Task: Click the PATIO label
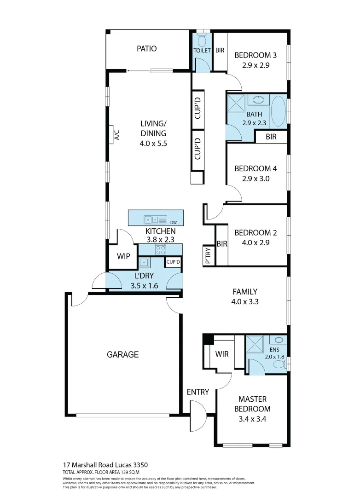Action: [146, 48]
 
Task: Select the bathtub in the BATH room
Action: [278, 111]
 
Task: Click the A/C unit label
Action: [116, 134]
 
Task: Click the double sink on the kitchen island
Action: [152, 220]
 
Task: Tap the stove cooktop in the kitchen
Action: [161, 250]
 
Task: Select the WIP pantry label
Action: [124, 256]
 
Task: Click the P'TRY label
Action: [208, 256]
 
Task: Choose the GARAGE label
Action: [123, 354]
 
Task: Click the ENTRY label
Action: [198, 392]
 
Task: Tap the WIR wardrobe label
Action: [222, 354]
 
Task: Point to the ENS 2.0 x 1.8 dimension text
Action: [272, 356]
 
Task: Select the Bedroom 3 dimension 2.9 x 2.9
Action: [255, 65]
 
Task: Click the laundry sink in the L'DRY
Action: [144, 263]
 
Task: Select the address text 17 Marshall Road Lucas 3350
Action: [105, 465]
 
